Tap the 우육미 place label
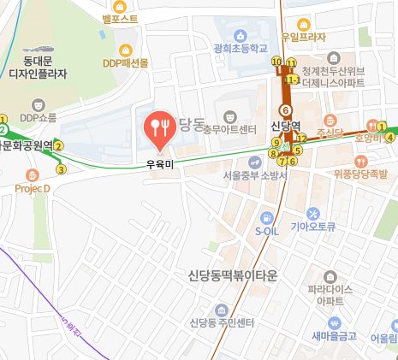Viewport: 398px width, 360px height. (x=159, y=163)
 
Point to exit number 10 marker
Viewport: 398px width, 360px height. (x=276, y=62)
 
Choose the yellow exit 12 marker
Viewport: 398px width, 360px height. (x=301, y=139)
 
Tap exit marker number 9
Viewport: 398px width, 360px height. (x=276, y=142)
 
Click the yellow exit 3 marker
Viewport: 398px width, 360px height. (x=61, y=168)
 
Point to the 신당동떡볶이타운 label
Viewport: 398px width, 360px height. (x=232, y=275)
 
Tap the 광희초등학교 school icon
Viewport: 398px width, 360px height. (x=242, y=35)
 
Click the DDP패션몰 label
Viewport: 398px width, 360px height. (x=126, y=62)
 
